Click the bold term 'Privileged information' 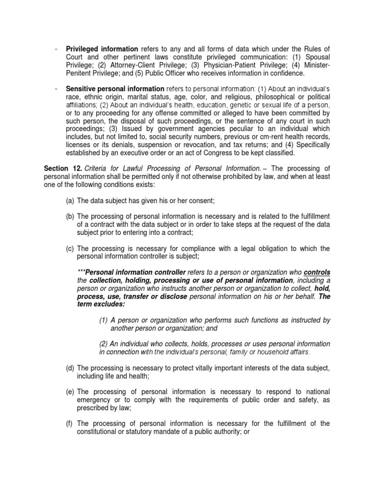click(x=102, y=49)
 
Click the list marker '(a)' click(x=70, y=201)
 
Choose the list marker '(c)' click(x=70, y=249)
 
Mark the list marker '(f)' click(x=70, y=423)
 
